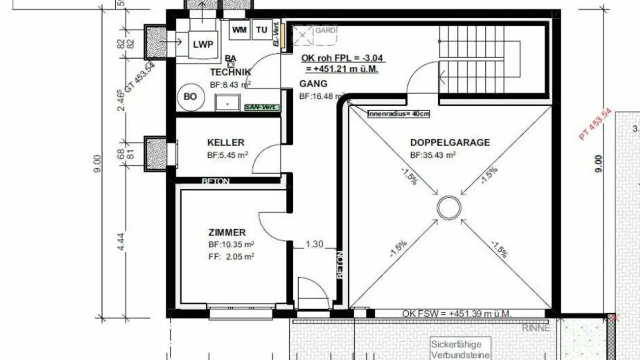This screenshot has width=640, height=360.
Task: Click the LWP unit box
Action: point(203,44)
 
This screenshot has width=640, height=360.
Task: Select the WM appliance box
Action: point(240,30)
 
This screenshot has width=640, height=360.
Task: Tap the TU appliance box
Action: point(262,30)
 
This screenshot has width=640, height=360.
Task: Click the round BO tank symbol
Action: point(190,96)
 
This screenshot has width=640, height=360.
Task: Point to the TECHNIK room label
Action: point(230,72)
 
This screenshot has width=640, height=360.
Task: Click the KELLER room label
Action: point(226,143)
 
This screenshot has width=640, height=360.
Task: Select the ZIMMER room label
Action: point(227,232)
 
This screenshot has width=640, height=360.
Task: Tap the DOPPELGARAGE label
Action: point(450,143)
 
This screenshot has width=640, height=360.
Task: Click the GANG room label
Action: point(313,84)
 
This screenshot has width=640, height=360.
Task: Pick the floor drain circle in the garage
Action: point(449,208)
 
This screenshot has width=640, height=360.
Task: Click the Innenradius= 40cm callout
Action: point(399,114)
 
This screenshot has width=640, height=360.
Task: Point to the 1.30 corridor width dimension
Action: point(314,244)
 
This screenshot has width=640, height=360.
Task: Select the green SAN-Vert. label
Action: point(262,107)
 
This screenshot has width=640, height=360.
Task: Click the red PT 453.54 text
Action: point(596,125)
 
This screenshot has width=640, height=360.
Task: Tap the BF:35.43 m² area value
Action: point(433,156)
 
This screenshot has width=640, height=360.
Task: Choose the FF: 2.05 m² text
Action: point(231,256)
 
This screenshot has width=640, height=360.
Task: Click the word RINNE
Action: point(536,328)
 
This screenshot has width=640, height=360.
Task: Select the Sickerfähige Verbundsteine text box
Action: point(461,349)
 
